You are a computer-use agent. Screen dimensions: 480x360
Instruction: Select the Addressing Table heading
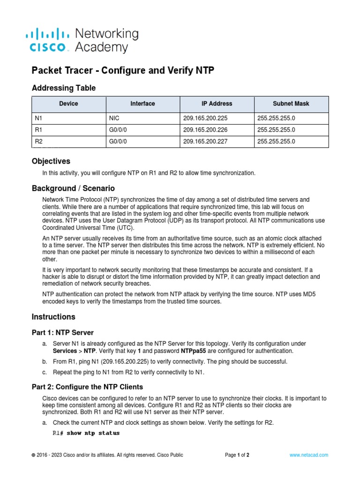63,88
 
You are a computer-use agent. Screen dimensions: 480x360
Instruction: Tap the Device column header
69,104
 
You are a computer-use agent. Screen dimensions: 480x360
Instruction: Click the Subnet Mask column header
291,104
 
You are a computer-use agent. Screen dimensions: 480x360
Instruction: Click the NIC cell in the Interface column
114,119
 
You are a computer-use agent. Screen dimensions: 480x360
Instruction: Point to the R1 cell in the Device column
38,130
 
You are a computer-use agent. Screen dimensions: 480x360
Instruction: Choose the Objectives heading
51,161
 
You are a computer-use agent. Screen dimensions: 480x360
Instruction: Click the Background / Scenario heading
73,188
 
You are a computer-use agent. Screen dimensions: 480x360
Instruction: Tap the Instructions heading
53,317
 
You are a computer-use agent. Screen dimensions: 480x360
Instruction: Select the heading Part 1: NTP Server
62,333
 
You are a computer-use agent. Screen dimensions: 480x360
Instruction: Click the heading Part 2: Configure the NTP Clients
87,387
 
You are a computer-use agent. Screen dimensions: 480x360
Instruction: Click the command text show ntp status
93,433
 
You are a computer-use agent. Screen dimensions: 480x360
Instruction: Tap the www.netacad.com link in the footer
308,455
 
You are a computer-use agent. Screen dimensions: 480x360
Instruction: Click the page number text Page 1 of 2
237,455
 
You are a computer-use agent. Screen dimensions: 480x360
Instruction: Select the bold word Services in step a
65,351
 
